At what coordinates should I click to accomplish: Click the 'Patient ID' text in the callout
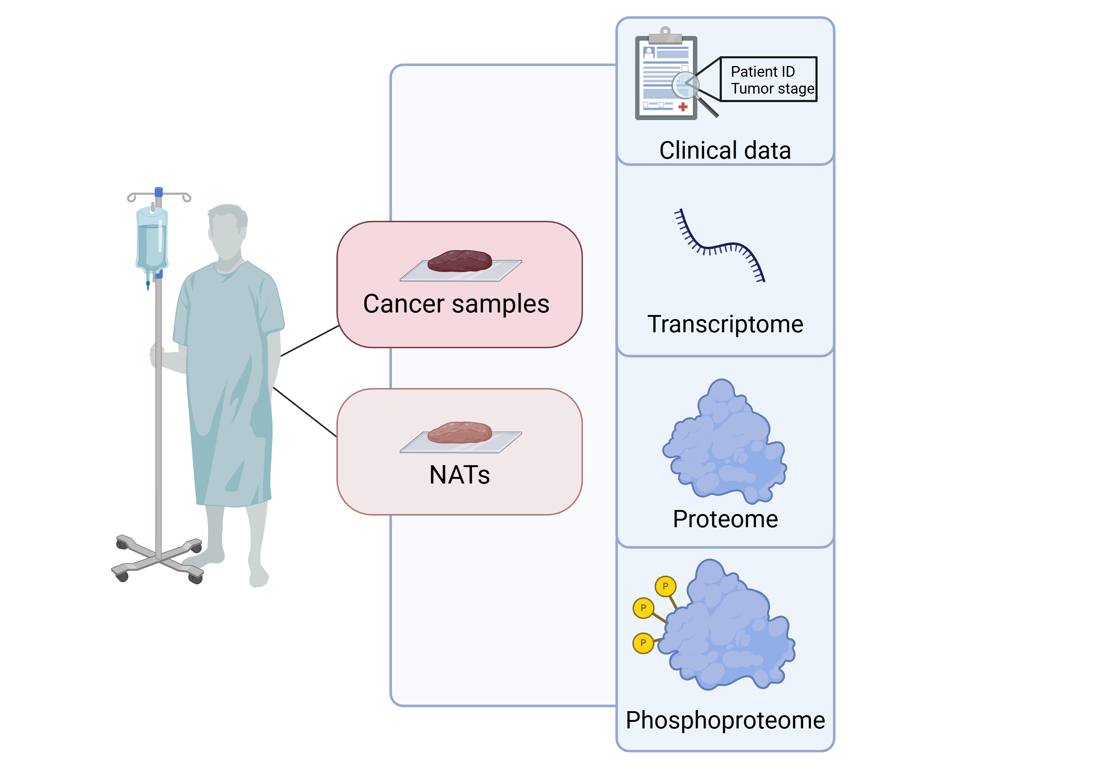[762, 72]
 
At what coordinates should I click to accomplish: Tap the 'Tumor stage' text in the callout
[772, 89]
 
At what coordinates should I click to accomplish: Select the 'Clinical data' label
[725, 150]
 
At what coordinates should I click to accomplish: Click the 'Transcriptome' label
[725, 324]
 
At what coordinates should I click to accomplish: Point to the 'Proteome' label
[725, 519]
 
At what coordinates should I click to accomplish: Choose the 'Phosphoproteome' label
[725, 720]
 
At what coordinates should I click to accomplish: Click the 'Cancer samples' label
[456, 304]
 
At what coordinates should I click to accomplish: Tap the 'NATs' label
[459, 475]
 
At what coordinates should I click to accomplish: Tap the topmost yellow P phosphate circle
[665, 586]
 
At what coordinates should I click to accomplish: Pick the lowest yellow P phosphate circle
[643, 643]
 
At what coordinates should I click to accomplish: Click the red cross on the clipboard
[683, 107]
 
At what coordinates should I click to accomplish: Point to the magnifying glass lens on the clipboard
[685, 84]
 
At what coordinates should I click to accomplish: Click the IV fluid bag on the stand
[152, 240]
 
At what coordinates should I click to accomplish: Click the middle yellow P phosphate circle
[643, 608]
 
